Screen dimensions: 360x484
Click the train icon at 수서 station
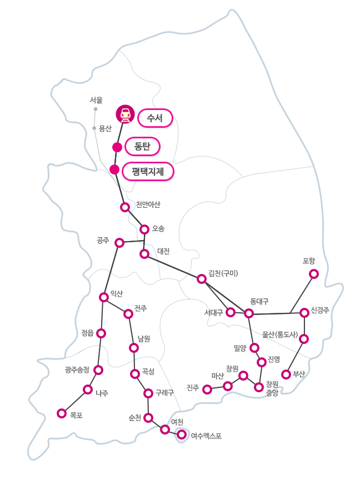(126, 114)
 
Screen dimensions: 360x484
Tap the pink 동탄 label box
(143, 146)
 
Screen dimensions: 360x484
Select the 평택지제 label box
(148, 171)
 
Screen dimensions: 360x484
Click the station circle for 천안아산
(125, 207)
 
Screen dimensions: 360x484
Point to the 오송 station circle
(144, 229)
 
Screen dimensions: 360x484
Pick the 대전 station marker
(144, 254)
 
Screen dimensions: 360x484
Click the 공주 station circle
(119, 242)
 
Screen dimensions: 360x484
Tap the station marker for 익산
(104, 297)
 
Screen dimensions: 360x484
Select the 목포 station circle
(62, 413)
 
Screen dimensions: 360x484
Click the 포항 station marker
(314, 273)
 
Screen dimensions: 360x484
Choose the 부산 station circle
(286, 374)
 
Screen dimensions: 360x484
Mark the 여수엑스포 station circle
(182, 434)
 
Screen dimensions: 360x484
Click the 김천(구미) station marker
(202, 278)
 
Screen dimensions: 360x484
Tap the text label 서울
(96, 100)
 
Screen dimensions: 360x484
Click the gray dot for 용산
(94, 128)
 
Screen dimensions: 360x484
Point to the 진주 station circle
(207, 389)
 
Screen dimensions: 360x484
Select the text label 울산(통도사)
(281, 335)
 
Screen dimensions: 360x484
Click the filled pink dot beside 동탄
(117, 147)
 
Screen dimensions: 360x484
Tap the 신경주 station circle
(304, 313)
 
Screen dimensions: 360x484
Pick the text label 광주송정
(77, 370)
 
